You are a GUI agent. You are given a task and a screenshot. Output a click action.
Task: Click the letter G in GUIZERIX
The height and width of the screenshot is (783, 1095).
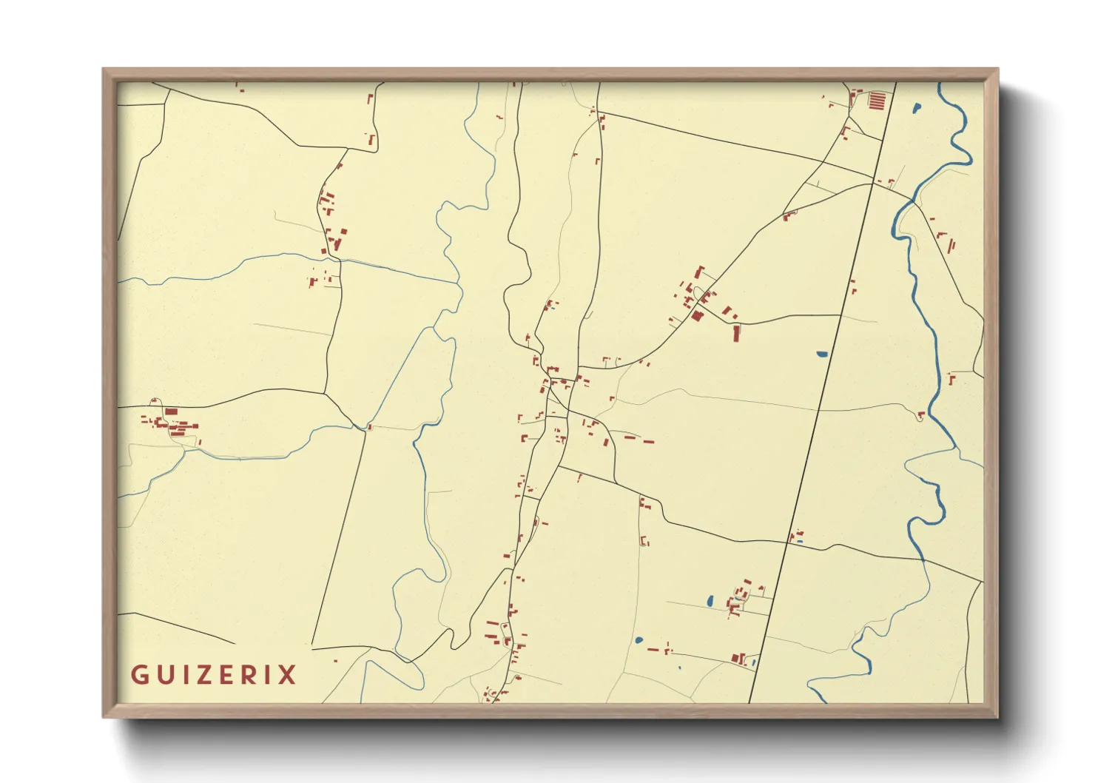click(138, 675)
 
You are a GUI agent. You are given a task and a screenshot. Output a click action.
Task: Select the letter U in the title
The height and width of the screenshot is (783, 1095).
click(160, 675)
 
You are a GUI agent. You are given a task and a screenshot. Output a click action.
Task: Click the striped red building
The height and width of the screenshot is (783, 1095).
click(876, 100)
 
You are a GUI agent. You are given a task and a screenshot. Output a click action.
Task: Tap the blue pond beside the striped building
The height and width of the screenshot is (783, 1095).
click(917, 109)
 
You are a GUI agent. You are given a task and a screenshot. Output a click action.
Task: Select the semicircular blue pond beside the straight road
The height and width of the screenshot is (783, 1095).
click(822, 354)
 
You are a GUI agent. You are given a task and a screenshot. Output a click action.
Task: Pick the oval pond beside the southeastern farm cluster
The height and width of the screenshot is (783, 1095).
click(710, 602)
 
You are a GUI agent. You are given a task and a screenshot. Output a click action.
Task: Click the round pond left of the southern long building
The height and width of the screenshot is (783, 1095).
click(639, 640)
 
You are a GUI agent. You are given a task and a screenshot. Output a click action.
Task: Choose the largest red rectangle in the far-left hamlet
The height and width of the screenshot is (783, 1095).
click(171, 411)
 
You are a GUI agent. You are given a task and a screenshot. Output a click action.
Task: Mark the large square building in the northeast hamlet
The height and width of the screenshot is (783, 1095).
click(697, 316)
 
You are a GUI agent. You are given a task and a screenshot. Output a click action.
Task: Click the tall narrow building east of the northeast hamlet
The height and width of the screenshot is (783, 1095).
click(736, 334)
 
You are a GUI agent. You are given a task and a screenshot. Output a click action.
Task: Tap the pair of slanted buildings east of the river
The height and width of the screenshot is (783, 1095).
click(947, 242)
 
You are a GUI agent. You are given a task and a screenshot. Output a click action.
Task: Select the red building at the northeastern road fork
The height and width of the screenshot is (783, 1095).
click(789, 215)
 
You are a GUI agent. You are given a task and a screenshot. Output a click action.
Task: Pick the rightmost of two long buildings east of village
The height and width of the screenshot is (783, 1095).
click(648, 442)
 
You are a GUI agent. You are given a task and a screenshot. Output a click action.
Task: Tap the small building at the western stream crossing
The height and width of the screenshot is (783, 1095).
click(369, 427)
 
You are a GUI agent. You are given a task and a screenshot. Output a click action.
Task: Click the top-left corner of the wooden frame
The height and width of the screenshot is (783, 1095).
click(104, 70)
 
